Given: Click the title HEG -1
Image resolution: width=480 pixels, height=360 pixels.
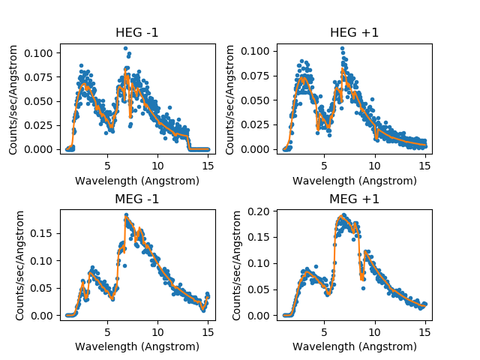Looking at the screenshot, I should [137, 33].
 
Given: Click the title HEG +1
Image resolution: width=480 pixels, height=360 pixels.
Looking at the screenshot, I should [354, 33].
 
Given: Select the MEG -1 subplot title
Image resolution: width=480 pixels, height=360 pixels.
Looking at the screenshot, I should [137, 199].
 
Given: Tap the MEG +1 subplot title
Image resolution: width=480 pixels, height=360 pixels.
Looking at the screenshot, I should [354, 199].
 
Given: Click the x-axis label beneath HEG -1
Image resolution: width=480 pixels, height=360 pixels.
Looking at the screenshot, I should [137, 181].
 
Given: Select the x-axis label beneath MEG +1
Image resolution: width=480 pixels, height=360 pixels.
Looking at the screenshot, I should [354, 347].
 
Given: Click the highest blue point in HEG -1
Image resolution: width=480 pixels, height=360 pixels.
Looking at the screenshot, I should [125, 48].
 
